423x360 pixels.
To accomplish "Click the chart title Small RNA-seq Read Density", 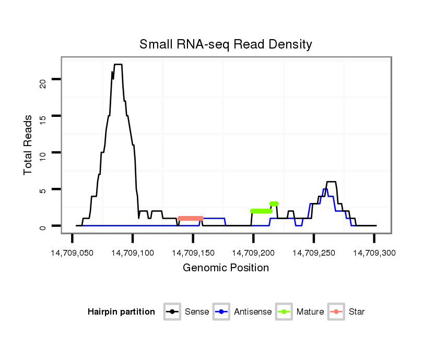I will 226,44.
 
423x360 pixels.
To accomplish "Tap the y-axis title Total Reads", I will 28,145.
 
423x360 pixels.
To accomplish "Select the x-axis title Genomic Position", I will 226,268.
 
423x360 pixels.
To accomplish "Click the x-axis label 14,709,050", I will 72,253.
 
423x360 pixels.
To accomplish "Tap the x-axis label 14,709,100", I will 133,253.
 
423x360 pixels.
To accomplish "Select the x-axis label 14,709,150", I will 193,253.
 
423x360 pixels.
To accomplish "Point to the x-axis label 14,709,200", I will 253,253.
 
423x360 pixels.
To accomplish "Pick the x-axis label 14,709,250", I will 313,253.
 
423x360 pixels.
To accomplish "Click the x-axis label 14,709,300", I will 374,253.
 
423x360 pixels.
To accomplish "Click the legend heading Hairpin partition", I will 121,312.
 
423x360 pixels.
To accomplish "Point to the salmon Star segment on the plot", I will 190,218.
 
